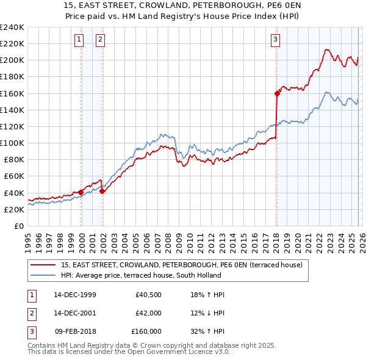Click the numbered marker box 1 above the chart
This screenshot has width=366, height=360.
click(x=79, y=40)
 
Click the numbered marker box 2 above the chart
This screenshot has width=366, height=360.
click(x=100, y=40)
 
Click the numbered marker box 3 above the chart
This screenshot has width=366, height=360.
click(x=275, y=40)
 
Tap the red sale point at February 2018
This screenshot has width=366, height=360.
click(x=277, y=93)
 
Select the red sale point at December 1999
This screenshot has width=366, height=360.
click(x=81, y=192)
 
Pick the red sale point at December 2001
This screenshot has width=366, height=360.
click(x=102, y=191)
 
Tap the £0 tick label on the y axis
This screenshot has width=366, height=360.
click(x=18, y=226)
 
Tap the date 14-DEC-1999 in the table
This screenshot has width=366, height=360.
click(x=74, y=295)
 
